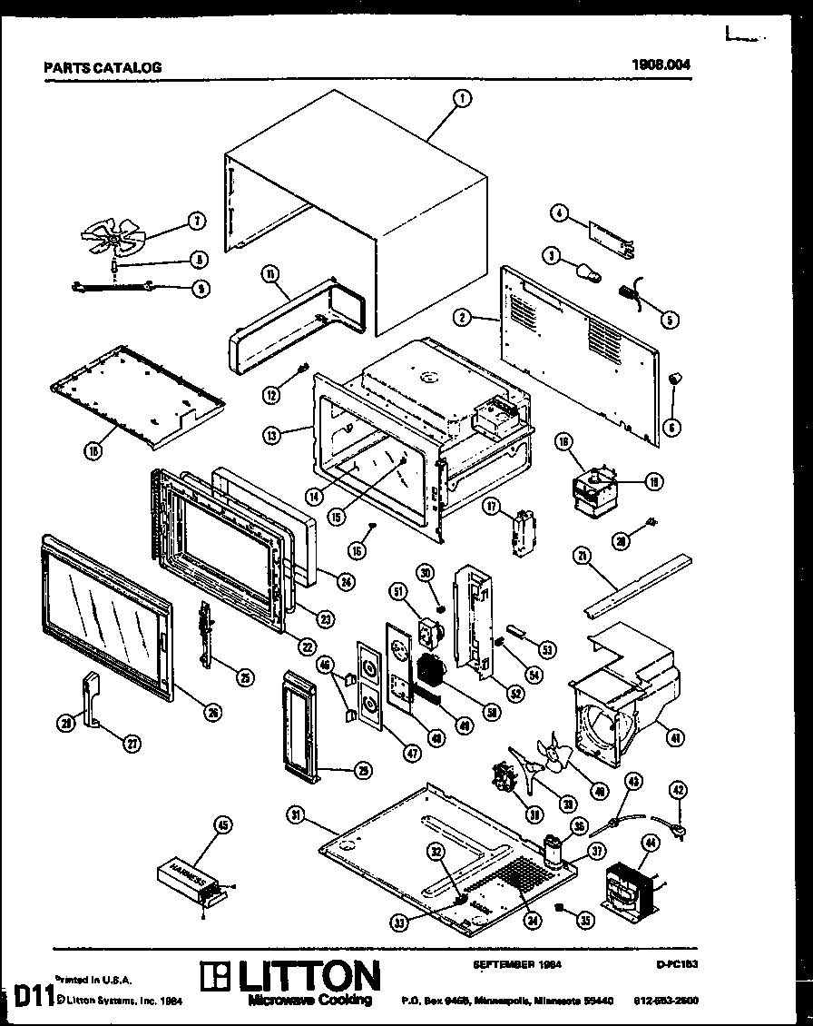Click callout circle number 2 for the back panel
click(x=464, y=317)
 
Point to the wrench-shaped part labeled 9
click(x=108, y=289)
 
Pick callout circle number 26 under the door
click(x=212, y=713)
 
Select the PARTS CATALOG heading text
click(x=103, y=67)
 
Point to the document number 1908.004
click(x=666, y=64)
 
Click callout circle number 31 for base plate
click(x=296, y=816)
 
